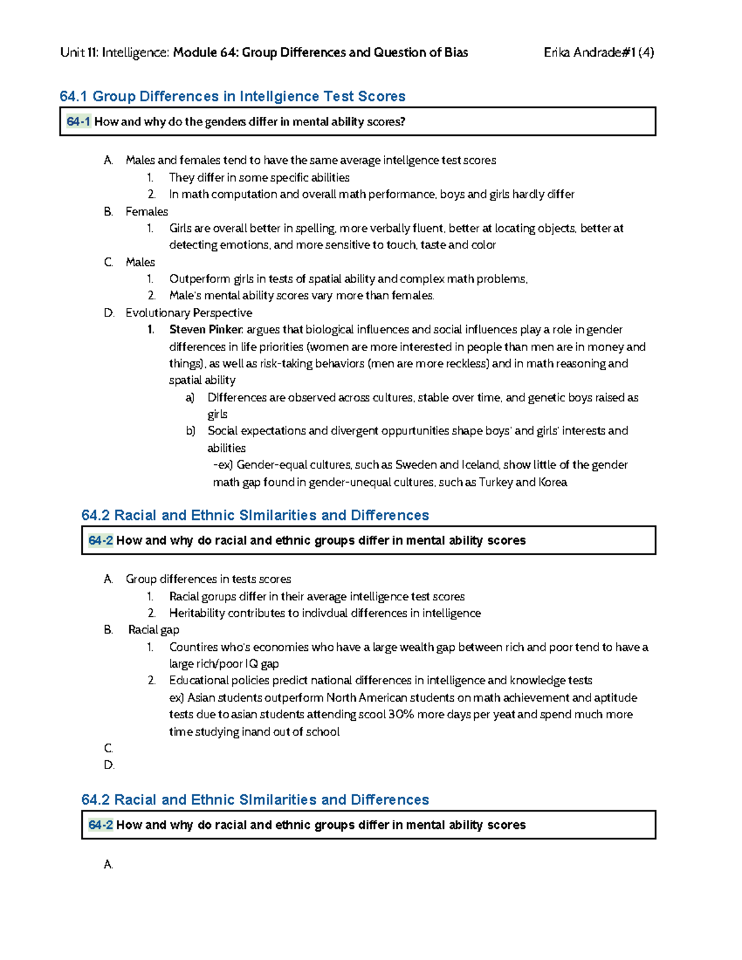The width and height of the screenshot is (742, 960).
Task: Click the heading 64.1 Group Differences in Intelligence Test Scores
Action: [232, 96]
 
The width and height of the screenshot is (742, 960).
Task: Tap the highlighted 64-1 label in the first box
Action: [78, 122]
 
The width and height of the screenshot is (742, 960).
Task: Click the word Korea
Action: [553, 482]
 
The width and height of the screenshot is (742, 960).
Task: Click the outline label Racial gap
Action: [153, 630]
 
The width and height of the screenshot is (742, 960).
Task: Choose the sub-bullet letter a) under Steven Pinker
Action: [190, 397]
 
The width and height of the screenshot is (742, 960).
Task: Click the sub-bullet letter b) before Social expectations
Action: [190, 431]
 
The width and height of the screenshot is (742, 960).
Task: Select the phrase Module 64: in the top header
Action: [205, 53]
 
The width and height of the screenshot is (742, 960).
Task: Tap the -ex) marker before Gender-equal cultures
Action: [223, 465]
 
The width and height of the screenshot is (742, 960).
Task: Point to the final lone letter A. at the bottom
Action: [108, 864]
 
